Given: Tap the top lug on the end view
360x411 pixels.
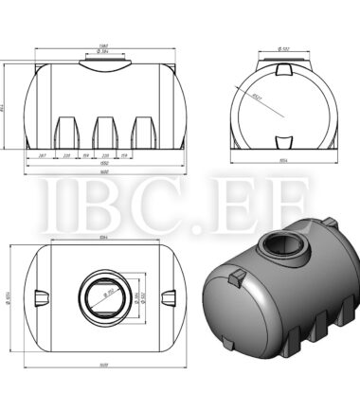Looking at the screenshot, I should tap(284, 70).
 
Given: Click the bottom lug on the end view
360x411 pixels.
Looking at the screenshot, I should tap(284, 142).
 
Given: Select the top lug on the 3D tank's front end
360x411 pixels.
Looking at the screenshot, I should tap(236, 276).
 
